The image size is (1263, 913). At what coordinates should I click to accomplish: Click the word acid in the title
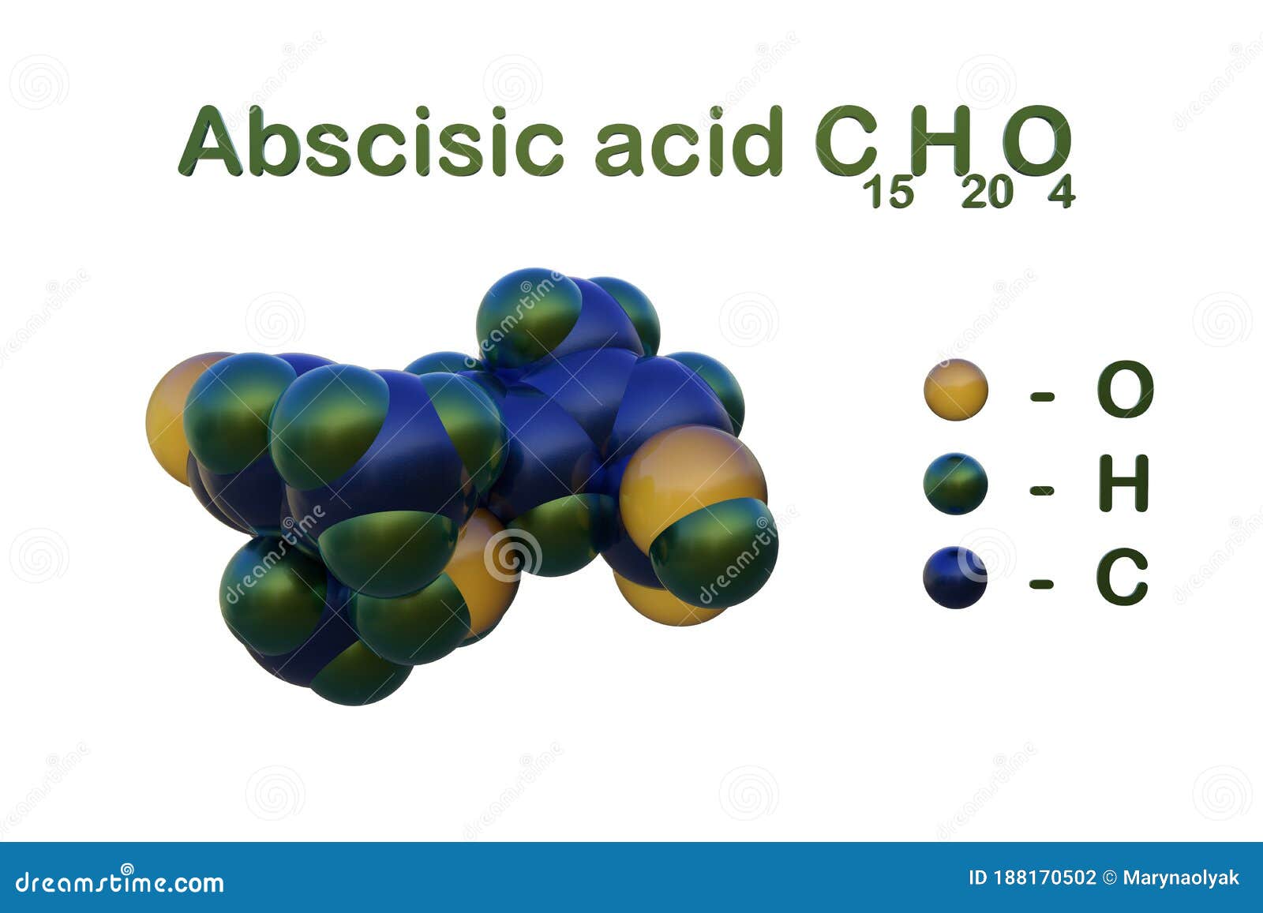(x=688, y=140)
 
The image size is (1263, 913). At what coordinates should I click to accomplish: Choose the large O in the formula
(x=1036, y=140)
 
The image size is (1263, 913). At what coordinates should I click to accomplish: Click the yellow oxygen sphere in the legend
(x=955, y=390)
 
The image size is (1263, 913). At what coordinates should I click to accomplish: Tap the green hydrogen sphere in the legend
(x=955, y=484)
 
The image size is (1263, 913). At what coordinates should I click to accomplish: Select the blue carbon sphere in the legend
(x=955, y=577)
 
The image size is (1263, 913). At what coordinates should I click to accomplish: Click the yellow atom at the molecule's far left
(x=169, y=418)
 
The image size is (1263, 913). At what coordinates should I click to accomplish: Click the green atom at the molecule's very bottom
(x=359, y=675)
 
